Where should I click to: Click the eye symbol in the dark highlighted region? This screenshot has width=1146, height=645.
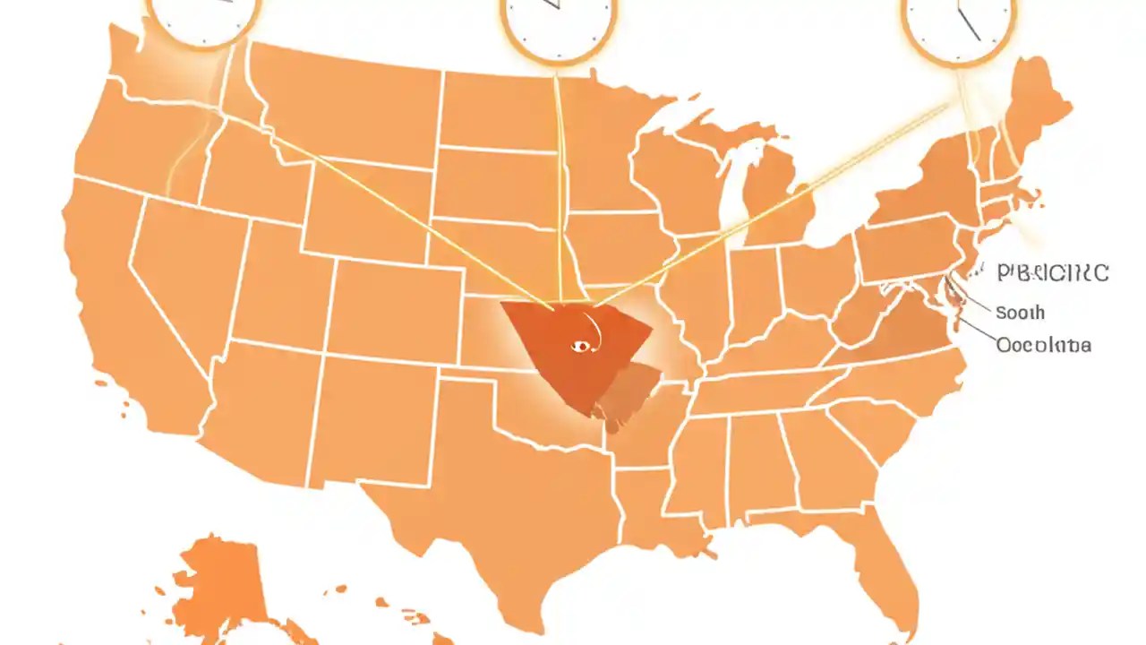[x=580, y=346]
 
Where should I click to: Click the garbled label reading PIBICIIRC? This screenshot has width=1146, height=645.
[x=1052, y=273]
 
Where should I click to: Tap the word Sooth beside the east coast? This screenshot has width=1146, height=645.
[x=1020, y=313]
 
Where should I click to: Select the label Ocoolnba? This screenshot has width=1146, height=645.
[x=1043, y=345]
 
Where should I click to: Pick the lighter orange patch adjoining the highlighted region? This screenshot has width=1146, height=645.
[x=631, y=390]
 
